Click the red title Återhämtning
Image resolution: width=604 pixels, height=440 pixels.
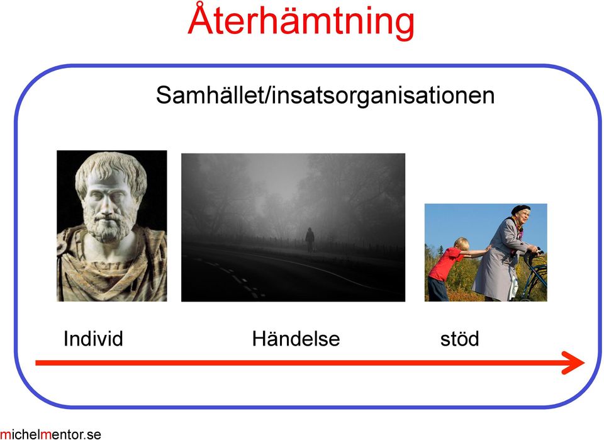pyautogui.click(x=301, y=21)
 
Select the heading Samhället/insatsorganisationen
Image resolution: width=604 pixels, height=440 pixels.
pyautogui.click(x=325, y=95)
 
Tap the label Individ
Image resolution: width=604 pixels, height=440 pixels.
pyautogui.click(x=93, y=339)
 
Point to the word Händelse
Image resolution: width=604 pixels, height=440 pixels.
pyautogui.click(x=296, y=339)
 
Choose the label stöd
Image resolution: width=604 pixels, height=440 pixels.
pyautogui.click(x=459, y=339)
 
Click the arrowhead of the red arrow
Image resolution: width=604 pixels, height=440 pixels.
pyautogui.click(x=574, y=363)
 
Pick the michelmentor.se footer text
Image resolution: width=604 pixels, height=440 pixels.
pyautogui.click(x=50, y=434)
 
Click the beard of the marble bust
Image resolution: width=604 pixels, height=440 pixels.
pyautogui.click(x=107, y=225)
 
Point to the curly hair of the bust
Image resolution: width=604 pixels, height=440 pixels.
pyautogui.click(x=111, y=169)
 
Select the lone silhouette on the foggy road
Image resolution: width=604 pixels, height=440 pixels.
pyautogui.click(x=310, y=240)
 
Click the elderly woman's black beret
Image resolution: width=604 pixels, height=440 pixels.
pyautogui.click(x=520, y=209)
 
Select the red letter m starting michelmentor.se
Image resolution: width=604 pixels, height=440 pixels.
pyautogui.click(x=4, y=435)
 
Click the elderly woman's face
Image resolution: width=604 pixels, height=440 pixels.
pyautogui.click(x=523, y=218)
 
